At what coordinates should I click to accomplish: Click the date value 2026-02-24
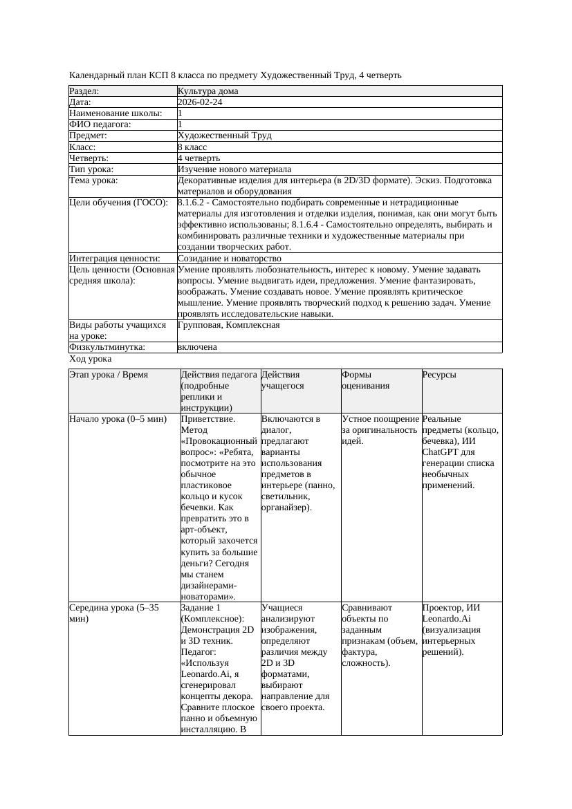(x=200, y=102)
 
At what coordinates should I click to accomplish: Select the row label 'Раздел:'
(x=84, y=91)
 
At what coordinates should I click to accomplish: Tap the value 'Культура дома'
(x=207, y=91)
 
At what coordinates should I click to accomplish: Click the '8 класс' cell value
(x=192, y=147)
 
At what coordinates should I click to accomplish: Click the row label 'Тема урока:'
(x=93, y=180)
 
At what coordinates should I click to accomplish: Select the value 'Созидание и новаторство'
(x=229, y=259)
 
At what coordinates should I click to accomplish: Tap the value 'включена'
(x=197, y=347)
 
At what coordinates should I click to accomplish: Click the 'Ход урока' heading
(x=90, y=359)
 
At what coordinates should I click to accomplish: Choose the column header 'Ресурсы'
(x=439, y=375)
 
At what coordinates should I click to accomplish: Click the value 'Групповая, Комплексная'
(x=228, y=325)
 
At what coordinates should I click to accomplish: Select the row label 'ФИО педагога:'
(x=100, y=124)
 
